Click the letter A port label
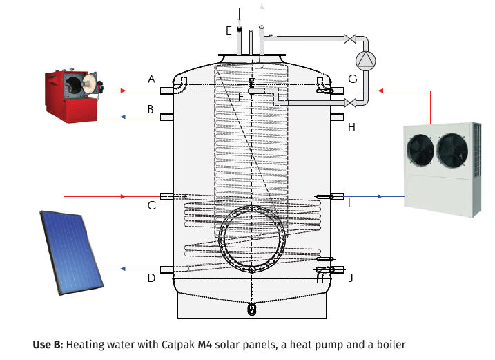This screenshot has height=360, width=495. pyautogui.click(x=151, y=79)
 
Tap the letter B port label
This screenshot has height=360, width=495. pyautogui.click(x=151, y=109)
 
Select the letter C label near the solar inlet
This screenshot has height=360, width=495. pyautogui.click(x=151, y=205)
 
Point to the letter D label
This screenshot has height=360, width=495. pyautogui.click(x=151, y=278)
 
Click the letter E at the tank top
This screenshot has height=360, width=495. pyautogui.click(x=229, y=30)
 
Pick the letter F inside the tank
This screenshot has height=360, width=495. pyautogui.click(x=241, y=97)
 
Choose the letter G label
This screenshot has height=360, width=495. pyautogui.click(x=353, y=79)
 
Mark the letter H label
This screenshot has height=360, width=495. pyautogui.click(x=351, y=128)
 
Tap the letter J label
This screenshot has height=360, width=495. pyautogui.click(x=351, y=278)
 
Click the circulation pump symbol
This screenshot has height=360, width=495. pyautogui.click(x=366, y=61)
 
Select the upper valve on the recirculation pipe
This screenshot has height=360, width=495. pyautogui.click(x=350, y=39)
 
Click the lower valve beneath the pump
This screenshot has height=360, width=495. pyautogui.click(x=350, y=103)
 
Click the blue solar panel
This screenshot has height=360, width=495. pyautogui.click(x=72, y=252)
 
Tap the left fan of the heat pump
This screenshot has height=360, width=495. pyautogui.click(x=420, y=150)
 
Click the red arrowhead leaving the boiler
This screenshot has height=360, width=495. pyautogui.click(x=124, y=91)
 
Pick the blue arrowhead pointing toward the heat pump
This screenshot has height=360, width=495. pyautogui.click(x=380, y=197)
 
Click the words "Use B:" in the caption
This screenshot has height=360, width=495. pyautogui.click(x=48, y=345)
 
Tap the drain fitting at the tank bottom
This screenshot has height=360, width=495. pyautogui.click(x=251, y=309)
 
